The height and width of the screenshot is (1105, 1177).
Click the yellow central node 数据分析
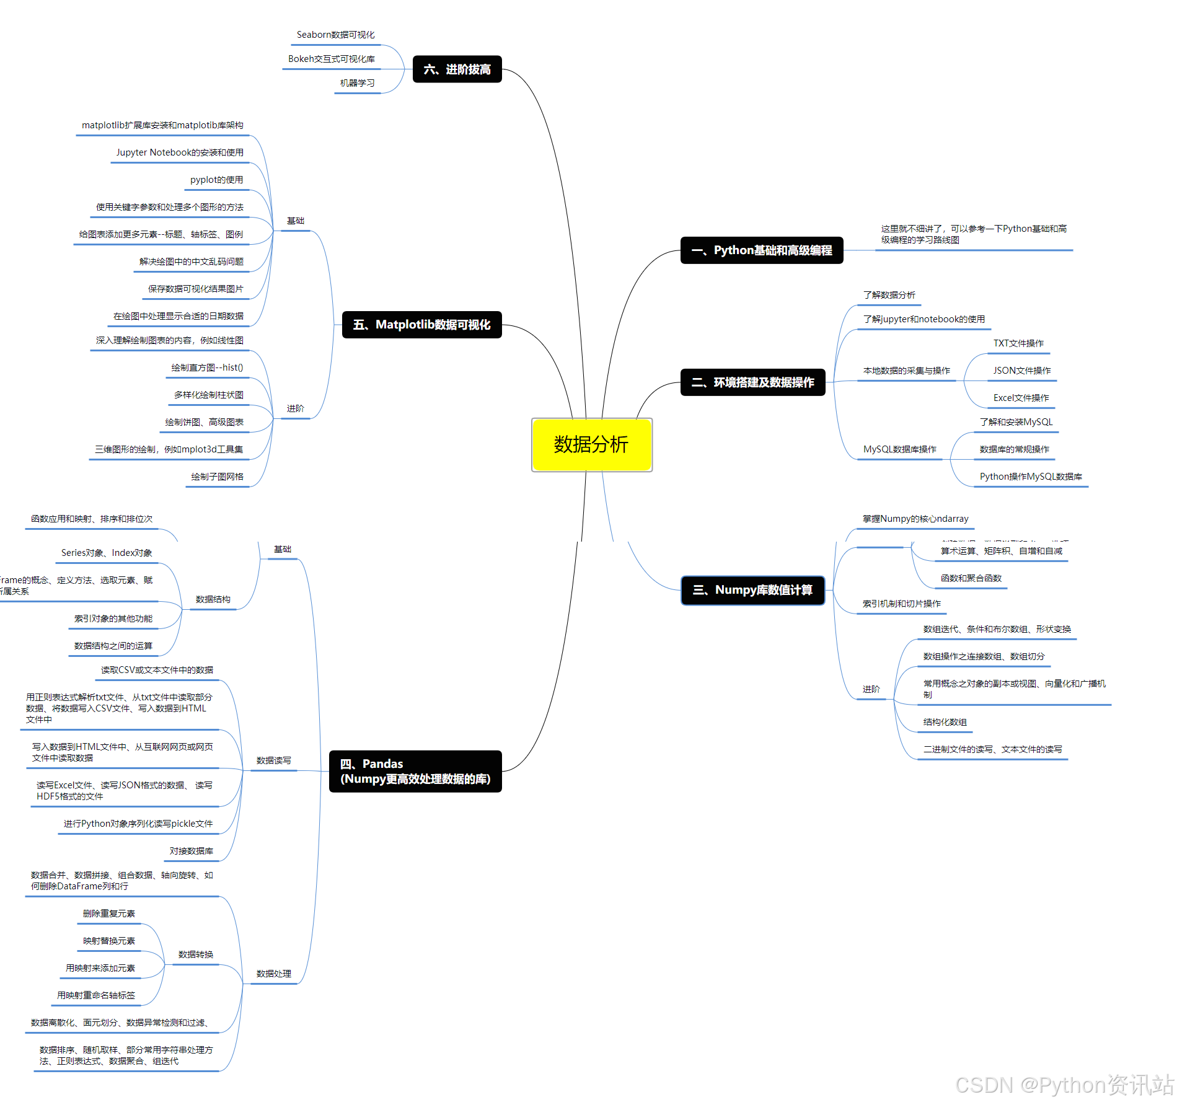point(591,444)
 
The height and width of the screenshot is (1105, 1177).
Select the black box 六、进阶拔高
point(457,69)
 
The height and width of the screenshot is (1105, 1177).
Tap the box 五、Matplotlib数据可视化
point(421,325)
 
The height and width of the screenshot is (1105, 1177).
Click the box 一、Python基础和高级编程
point(761,250)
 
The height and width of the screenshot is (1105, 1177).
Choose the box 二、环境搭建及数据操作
point(752,382)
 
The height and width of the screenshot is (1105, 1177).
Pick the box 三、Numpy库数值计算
point(752,590)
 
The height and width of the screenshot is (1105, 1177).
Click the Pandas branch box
point(415,771)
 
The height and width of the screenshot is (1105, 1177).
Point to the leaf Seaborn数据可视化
point(335,35)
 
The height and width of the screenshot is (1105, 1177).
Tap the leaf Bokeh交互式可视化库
point(331,59)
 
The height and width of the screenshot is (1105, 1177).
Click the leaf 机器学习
point(357,83)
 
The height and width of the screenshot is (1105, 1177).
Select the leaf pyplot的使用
point(216,180)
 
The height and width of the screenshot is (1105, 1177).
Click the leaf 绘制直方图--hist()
point(207,368)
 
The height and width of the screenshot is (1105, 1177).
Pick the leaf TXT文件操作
point(1018,343)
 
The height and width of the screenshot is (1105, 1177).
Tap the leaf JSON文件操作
point(1022,371)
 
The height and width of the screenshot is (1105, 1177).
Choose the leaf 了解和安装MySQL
point(1016,422)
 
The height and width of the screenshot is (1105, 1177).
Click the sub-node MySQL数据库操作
point(899,449)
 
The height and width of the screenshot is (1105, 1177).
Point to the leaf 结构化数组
point(945,722)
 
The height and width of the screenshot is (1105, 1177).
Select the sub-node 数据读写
point(273,760)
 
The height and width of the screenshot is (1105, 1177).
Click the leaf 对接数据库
point(191,851)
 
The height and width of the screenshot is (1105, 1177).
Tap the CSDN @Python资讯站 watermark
point(1064,1085)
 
